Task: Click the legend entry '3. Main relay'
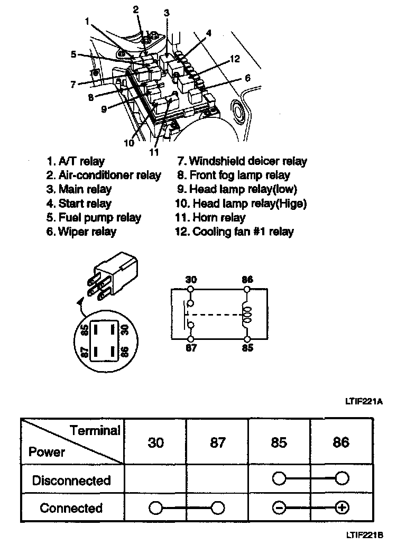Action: [79, 189]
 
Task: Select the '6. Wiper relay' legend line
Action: [81, 232]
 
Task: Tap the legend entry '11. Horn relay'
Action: [211, 218]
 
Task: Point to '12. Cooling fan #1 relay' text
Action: [234, 232]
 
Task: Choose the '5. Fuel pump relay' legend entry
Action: [93, 218]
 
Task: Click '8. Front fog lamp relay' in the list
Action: [233, 175]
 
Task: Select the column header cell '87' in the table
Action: [217, 442]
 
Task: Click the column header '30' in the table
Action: [155, 442]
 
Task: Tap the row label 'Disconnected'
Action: [71, 481]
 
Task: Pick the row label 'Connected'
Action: [71, 508]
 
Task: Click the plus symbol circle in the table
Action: [342, 508]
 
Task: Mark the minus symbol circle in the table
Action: [279, 508]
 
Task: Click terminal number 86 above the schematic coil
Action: [247, 279]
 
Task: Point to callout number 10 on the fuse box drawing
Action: [130, 143]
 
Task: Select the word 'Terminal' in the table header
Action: [95, 430]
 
